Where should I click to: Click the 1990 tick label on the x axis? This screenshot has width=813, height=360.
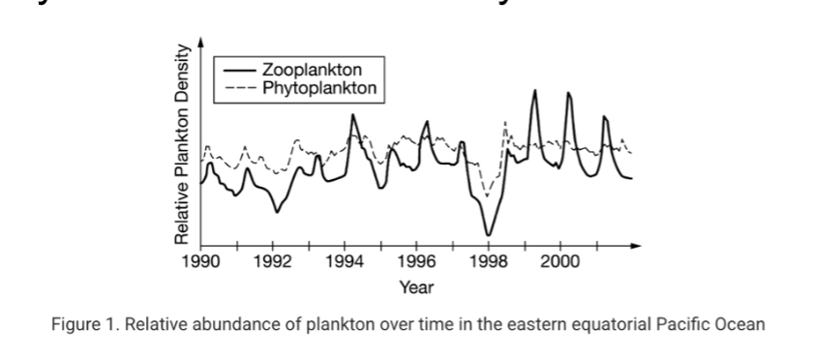click(x=201, y=261)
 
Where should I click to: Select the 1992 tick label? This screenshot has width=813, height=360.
click(x=274, y=261)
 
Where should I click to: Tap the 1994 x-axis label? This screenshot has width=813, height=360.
click(x=345, y=261)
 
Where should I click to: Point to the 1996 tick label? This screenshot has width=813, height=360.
click(x=416, y=261)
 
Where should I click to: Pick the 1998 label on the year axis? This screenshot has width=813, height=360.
click(x=488, y=261)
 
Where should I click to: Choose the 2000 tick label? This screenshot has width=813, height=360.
click(x=559, y=261)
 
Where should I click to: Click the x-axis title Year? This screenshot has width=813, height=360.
click(x=416, y=287)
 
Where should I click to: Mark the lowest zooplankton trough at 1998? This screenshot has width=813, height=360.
click(x=489, y=235)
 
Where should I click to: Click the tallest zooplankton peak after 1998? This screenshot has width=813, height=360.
click(x=533, y=91)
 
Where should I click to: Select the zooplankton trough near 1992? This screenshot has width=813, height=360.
click(x=276, y=211)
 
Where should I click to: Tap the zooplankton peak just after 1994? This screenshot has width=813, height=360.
click(x=353, y=115)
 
